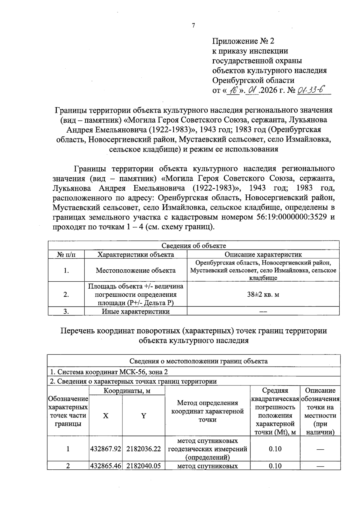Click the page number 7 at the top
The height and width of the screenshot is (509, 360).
point(193,26)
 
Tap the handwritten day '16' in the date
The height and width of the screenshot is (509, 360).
point(232,90)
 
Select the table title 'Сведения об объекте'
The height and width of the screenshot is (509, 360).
point(193,246)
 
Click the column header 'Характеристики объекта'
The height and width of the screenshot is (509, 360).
point(136,255)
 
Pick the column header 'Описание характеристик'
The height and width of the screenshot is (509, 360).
point(263,255)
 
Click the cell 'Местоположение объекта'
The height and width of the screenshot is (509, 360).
point(136,270)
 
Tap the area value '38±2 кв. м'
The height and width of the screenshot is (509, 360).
point(263,294)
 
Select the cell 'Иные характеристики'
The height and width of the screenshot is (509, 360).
point(136,311)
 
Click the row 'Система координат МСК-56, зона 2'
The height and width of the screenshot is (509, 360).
point(109,372)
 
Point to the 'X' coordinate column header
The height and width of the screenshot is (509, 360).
point(106,416)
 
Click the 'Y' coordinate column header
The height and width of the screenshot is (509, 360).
point(144,416)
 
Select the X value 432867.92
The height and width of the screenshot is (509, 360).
point(106,449)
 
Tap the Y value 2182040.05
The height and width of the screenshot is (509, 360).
point(144,466)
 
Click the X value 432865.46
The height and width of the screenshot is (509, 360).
point(106,466)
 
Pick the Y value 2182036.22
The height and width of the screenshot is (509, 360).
point(144,449)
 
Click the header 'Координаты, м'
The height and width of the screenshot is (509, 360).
point(127,391)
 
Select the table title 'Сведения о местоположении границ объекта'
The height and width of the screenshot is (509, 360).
point(193,361)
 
